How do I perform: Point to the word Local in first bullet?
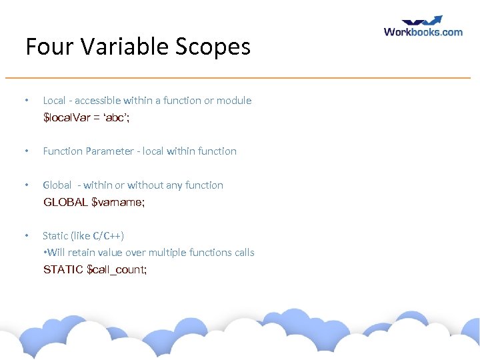click(54, 101)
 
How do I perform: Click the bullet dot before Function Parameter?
click(25, 151)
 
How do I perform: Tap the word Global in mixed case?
click(57, 185)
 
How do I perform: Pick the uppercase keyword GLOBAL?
click(65, 203)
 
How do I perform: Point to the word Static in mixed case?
click(55, 236)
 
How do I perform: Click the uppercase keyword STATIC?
click(63, 270)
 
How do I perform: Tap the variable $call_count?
click(117, 270)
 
